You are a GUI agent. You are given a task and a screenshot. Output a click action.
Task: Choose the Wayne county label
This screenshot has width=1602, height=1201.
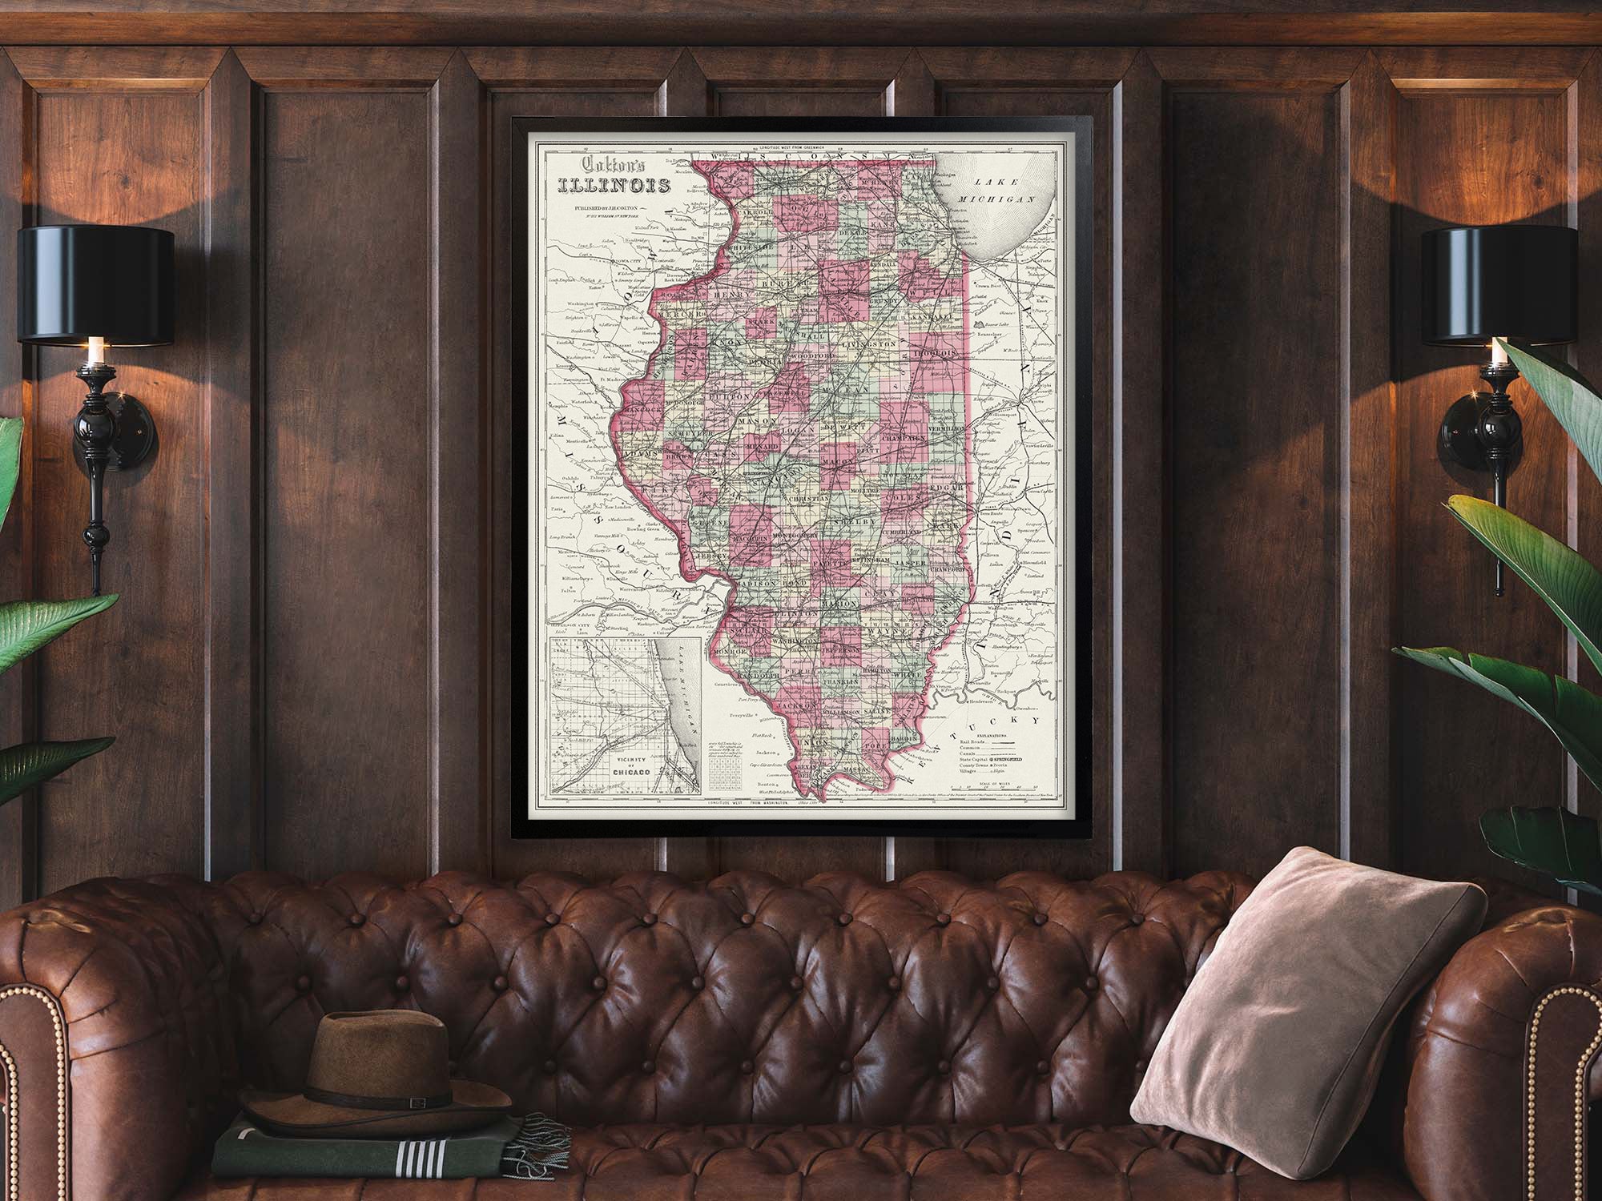coord(883,632)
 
